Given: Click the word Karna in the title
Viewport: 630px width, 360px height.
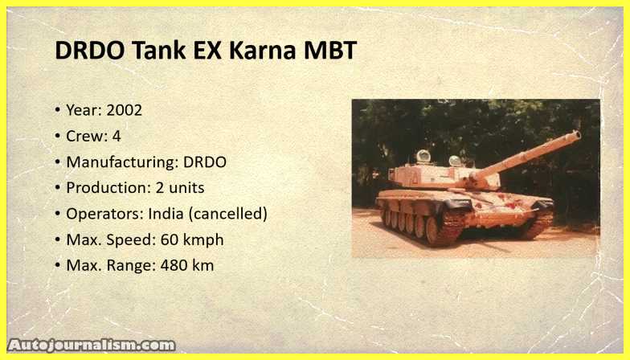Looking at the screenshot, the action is click(262, 51).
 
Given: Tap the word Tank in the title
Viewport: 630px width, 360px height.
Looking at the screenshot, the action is click(159, 51).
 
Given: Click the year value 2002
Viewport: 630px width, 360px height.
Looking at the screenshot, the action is click(124, 110).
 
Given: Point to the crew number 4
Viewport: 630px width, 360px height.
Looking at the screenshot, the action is click(117, 137).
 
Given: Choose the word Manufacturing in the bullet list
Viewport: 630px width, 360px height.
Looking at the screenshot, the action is click(122, 162).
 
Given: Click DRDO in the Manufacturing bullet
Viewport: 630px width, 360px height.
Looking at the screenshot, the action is click(205, 162).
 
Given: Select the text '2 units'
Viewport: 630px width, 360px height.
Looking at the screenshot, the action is click(180, 188).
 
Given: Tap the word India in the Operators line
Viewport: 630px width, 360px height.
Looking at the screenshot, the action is click(166, 214).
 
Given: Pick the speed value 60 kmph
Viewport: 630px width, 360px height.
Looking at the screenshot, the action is click(192, 239).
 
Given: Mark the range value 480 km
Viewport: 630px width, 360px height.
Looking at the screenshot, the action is click(187, 265).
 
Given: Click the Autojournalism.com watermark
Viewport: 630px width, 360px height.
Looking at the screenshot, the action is click(92, 346).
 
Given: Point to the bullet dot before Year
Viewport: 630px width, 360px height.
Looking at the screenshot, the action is click(58, 109).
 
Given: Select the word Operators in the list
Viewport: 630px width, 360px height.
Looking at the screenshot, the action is click(104, 214).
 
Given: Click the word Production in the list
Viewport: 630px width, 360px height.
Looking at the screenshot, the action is click(108, 188).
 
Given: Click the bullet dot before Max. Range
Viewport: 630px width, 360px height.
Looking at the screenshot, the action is click(58, 265).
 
